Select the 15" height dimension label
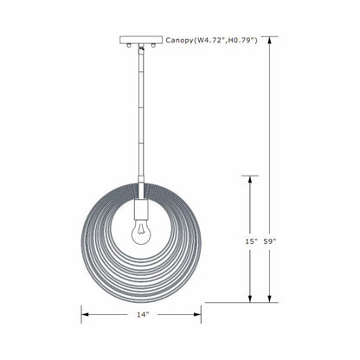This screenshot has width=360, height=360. (x=251, y=241)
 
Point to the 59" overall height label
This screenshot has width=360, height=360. (x=271, y=241)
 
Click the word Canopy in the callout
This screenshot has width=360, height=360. (x=181, y=39)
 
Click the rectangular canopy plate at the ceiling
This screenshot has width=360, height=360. (x=140, y=39)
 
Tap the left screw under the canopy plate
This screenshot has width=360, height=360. (x=129, y=45)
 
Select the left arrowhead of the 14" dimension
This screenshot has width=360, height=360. (x=85, y=313)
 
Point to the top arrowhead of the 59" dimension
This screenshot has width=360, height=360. (x=271, y=41)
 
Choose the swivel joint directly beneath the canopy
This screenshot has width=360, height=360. (x=140, y=51)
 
